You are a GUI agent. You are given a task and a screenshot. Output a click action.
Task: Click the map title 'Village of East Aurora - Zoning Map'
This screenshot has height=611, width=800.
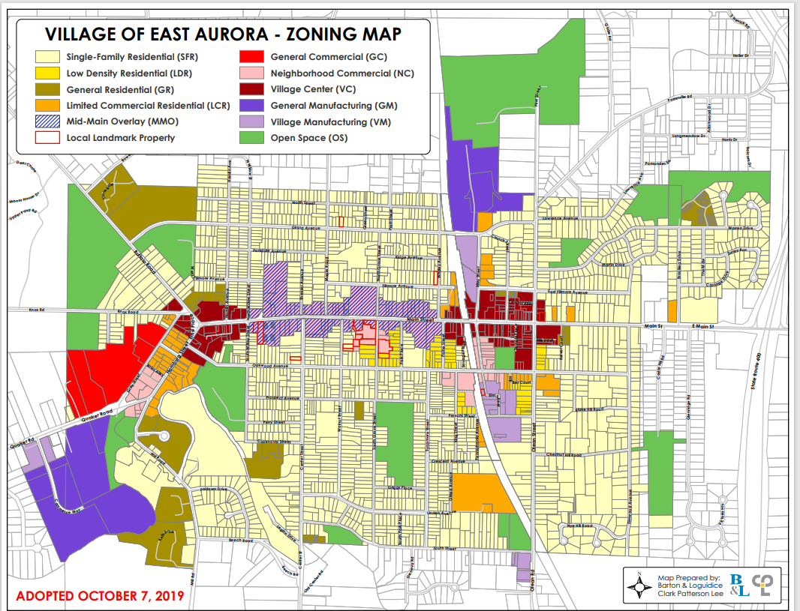223,34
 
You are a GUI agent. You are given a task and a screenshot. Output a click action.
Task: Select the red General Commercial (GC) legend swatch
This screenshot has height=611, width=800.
251,57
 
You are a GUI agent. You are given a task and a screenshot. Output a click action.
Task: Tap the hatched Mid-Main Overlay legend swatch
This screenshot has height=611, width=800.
48,121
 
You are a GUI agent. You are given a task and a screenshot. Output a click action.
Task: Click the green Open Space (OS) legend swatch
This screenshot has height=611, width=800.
251,138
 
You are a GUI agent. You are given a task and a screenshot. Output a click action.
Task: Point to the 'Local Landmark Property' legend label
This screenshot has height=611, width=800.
121,138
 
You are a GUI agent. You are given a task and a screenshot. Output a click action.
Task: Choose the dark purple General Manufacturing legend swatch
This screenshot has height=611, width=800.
251,106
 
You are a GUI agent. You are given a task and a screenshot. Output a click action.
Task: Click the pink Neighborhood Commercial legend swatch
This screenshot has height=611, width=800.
251,73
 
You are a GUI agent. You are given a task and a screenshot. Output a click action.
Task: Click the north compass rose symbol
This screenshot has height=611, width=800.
639,588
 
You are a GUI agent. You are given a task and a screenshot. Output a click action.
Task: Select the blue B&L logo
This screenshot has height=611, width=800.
738,585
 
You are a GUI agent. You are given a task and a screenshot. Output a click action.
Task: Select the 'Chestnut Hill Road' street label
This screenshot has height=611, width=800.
564,455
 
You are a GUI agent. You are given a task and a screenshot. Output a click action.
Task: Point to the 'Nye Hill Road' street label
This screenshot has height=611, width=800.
581,526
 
